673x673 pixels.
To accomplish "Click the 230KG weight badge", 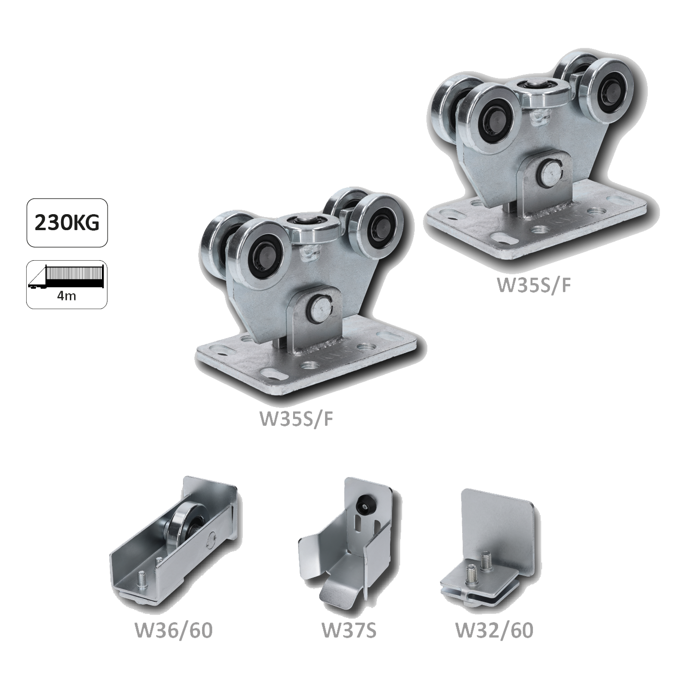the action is click(x=67, y=223).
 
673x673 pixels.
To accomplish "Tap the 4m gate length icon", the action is click(x=67, y=284).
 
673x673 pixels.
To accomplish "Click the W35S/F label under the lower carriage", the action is click(x=296, y=420).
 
